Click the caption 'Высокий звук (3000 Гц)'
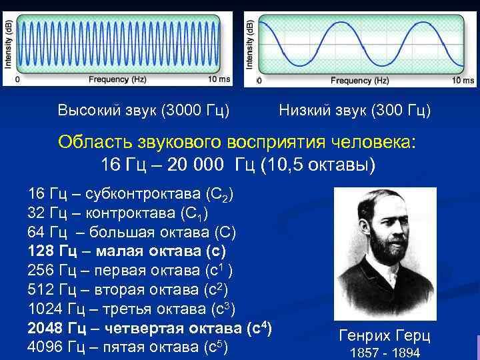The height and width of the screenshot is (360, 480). (x=143, y=109)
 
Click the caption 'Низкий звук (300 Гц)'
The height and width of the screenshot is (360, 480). (x=355, y=109)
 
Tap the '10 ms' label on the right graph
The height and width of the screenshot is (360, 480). (x=464, y=81)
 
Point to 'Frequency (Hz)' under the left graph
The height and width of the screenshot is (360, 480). (x=117, y=80)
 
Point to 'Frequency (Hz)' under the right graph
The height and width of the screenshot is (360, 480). (x=360, y=81)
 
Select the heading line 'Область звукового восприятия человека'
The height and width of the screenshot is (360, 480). (x=236, y=142)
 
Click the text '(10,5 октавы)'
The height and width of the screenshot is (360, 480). (x=321, y=164)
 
